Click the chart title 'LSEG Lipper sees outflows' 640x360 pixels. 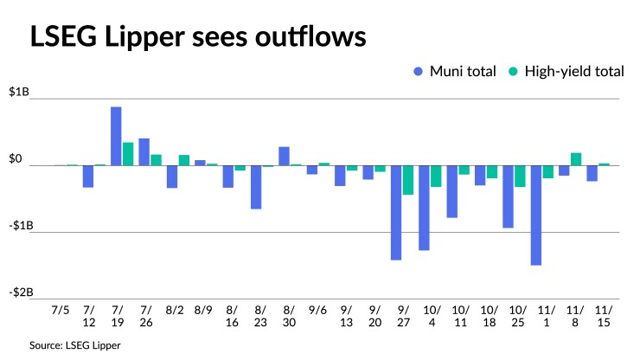[197, 37]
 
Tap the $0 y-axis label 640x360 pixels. [15, 158]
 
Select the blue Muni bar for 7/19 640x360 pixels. [116, 136]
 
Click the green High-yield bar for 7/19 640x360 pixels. [128, 154]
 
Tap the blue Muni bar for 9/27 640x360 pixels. [396, 212]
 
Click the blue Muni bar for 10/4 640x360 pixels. [424, 208]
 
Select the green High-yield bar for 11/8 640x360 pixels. [576, 159]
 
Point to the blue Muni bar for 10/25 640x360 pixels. [509, 196]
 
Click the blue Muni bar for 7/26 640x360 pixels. [144, 151]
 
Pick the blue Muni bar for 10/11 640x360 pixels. [452, 191]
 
